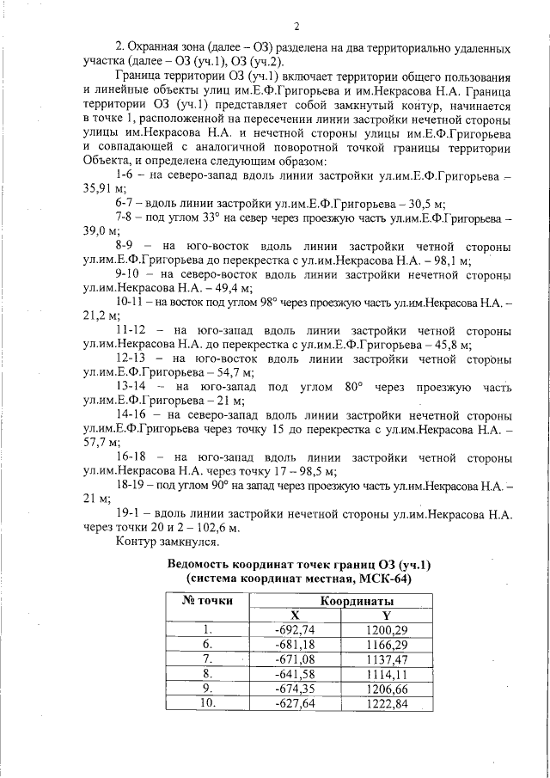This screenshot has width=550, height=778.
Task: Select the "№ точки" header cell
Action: (x=207, y=600)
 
